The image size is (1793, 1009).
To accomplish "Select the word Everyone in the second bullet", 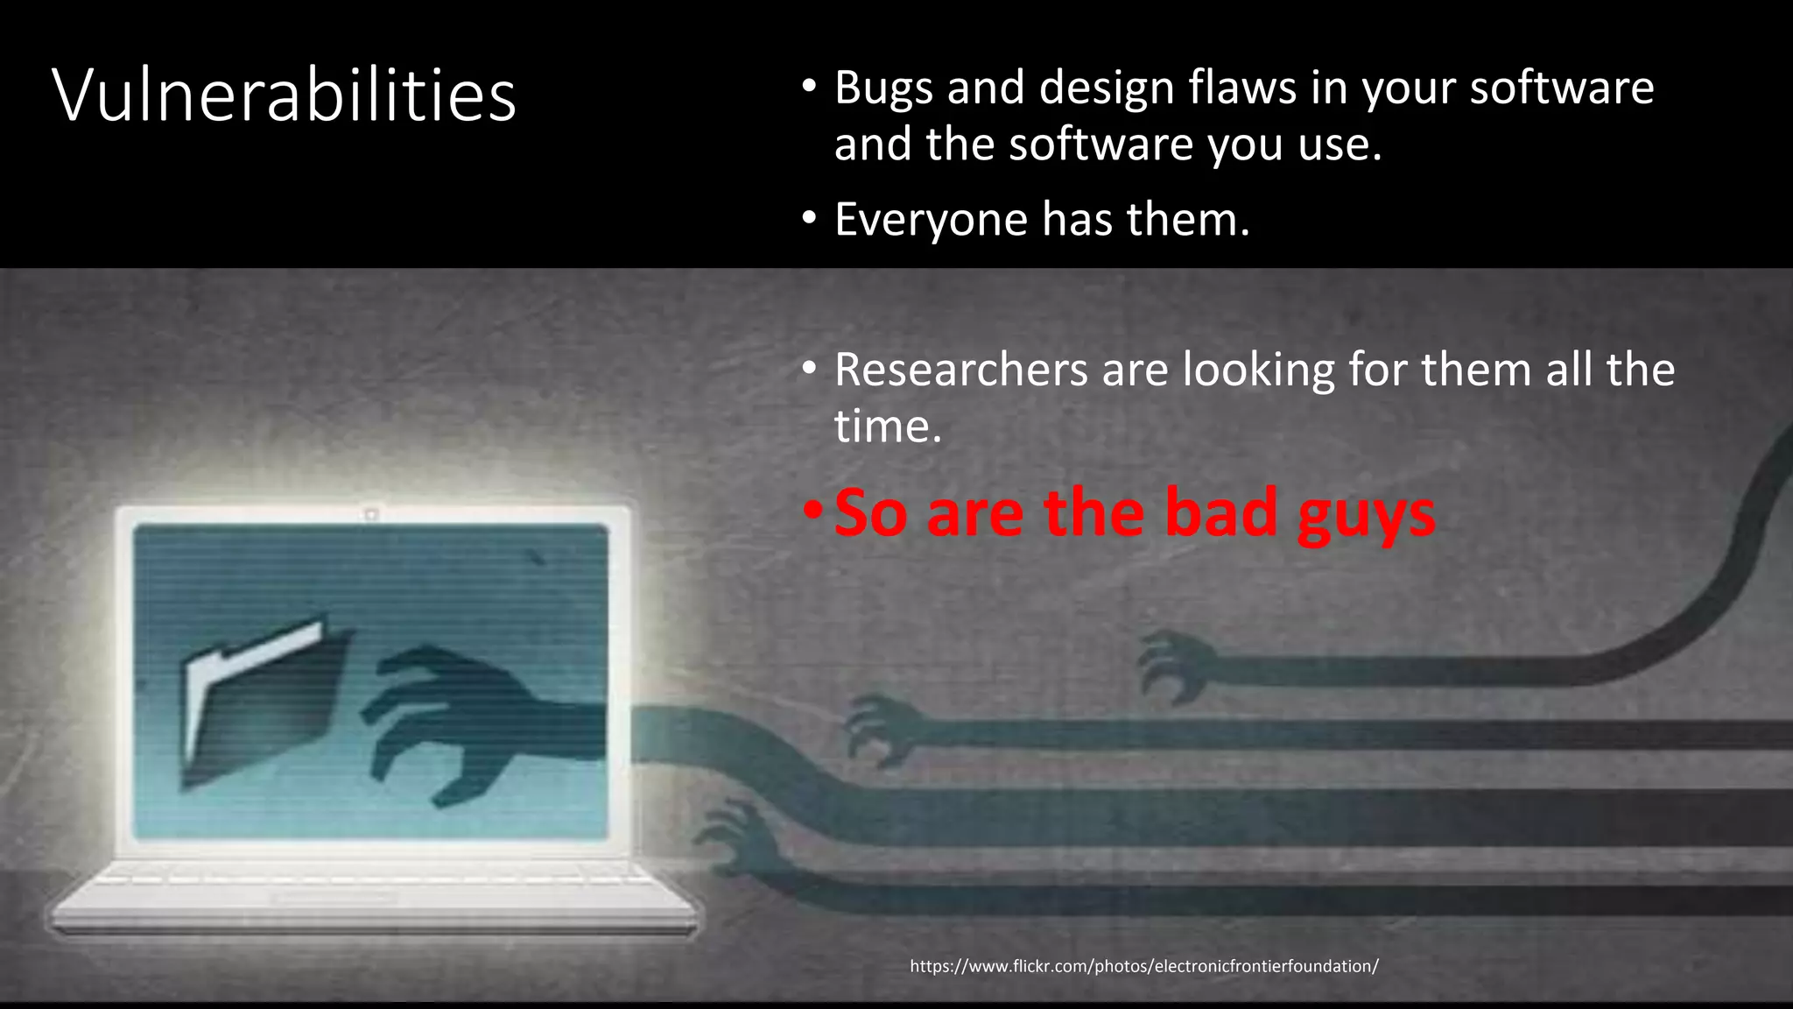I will pos(932,219).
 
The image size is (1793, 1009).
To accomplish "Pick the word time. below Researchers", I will pos(887,427).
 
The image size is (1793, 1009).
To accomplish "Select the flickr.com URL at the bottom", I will pos(1143,966).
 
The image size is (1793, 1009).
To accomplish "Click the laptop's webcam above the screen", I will pos(371,514).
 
